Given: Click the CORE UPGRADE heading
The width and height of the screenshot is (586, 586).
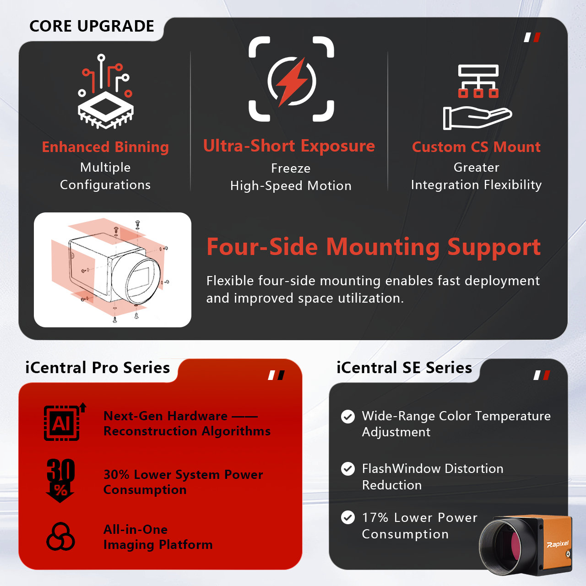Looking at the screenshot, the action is (92, 26).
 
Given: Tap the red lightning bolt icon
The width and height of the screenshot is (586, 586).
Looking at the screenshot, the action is (292, 82).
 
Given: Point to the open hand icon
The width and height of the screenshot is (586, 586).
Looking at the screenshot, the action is (477, 118).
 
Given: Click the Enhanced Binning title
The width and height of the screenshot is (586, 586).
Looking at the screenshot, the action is (105, 147).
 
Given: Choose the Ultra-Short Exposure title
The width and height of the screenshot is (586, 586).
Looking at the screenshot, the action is (289, 146).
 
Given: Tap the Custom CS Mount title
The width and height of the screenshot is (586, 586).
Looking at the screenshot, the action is (476, 147).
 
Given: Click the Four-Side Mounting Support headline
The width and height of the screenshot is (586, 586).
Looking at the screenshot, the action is (374, 247).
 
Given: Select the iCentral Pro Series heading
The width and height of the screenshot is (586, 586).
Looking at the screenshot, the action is (98, 368).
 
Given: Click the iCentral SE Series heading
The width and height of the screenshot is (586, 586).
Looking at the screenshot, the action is (404, 368).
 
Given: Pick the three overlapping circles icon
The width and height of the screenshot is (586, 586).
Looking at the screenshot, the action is (60, 537).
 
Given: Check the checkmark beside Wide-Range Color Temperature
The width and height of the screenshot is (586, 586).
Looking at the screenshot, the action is (348, 417).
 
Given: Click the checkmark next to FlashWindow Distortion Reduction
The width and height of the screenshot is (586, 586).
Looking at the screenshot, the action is (348, 469).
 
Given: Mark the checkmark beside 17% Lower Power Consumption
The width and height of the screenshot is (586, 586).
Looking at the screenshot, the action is (348, 518).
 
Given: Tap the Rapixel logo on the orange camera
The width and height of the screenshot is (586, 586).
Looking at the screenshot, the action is (558, 544).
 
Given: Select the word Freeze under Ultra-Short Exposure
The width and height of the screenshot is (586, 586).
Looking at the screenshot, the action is (291, 168).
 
